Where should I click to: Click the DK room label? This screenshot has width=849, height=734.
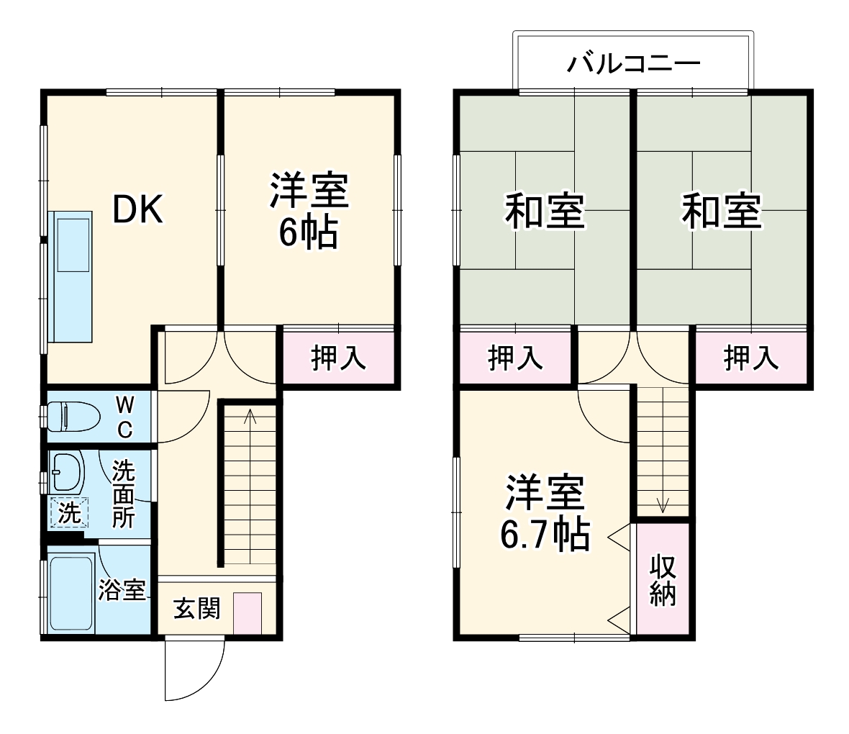(x=138, y=209)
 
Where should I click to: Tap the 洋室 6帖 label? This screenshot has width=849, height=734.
(x=309, y=211)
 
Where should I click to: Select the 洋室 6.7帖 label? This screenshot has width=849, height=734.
(x=545, y=512)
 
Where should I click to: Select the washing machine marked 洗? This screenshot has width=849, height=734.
(x=69, y=513)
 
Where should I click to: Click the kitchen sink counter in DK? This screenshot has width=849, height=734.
(x=71, y=277)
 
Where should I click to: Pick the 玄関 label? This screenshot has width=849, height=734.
(x=196, y=609)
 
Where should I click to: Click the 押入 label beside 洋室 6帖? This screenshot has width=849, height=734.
(x=338, y=358)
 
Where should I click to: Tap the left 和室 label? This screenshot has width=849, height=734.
(x=544, y=210)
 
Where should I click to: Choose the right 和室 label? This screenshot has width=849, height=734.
(x=721, y=210)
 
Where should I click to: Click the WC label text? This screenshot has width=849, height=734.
(x=124, y=417)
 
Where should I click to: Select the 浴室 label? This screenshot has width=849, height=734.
(x=122, y=590)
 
